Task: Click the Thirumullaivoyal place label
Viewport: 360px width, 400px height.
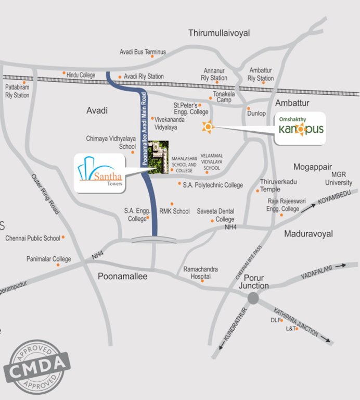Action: pyautogui.click(x=219, y=33)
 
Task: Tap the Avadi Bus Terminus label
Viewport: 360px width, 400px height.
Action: pyautogui.click(x=143, y=52)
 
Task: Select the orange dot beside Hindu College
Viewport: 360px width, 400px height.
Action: pyautogui.click(x=64, y=73)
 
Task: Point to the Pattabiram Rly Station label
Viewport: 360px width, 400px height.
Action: pyautogui.click(x=17, y=91)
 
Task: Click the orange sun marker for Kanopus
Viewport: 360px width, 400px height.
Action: pyautogui.click(x=208, y=127)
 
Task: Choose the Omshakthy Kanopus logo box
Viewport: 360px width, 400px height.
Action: pyautogui.click(x=301, y=128)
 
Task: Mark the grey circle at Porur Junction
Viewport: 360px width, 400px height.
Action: pyautogui.click(x=253, y=298)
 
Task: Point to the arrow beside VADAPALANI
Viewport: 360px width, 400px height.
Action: pyautogui.click(x=340, y=266)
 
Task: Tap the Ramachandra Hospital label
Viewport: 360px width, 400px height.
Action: pyautogui.click(x=200, y=273)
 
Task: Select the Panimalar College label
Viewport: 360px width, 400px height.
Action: pyautogui.click(x=48, y=259)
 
